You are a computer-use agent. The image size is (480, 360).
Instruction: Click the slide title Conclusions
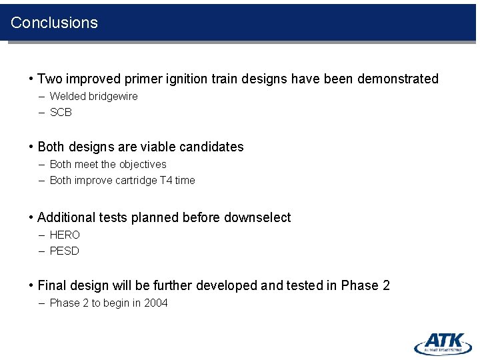pyautogui.click(x=54, y=23)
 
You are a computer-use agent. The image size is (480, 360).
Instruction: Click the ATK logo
pyautogui.click(x=443, y=343)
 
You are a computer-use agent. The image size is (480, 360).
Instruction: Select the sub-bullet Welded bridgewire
pyautogui.click(x=93, y=97)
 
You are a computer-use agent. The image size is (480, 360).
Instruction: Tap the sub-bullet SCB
pyautogui.click(x=61, y=113)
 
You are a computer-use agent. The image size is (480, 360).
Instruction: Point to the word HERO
pyautogui.click(x=65, y=235)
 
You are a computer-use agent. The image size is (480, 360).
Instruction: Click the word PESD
pyautogui.click(x=65, y=251)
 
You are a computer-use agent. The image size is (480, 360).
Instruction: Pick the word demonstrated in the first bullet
pyautogui.click(x=398, y=79)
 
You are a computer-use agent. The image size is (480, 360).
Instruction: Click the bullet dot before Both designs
pyautogui.click(x=31, y=147)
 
